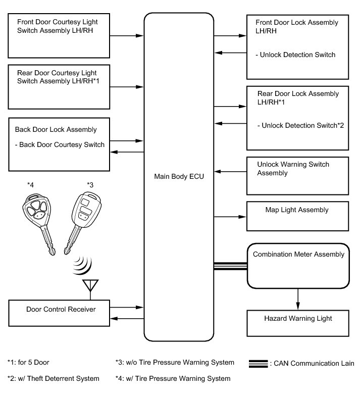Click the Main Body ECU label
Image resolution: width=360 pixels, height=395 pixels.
coord(179,177)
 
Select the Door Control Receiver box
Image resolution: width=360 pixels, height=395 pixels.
coord(60,313)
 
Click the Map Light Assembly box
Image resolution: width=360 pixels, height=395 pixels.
coord(297,216)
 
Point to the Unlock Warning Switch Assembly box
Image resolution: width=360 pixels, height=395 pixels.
coord(297,175)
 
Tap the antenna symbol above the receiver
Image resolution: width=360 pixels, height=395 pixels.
coord(90,286)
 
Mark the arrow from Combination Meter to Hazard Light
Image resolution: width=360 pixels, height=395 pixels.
coord(297,299)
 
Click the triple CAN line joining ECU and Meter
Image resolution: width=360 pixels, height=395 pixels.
coord(230,266)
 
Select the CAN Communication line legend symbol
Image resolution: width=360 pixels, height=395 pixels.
coord(259,363)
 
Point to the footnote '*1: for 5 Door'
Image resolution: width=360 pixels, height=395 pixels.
coord(28,363)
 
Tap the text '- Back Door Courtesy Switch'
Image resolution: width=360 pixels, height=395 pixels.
coord(60,144)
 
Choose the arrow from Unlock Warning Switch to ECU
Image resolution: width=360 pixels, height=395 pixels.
coord(230,172)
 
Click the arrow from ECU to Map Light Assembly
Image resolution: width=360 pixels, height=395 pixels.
coord(230,216)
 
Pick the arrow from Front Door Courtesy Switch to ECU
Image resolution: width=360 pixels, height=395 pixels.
coord(127,36)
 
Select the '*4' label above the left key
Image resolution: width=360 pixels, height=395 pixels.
coord(31,184)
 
